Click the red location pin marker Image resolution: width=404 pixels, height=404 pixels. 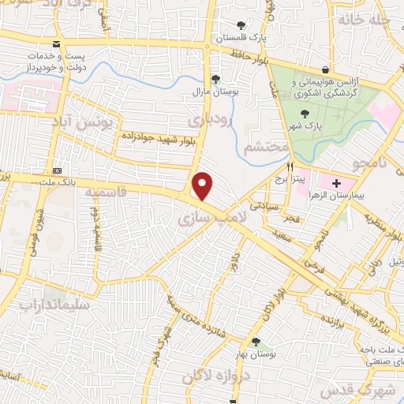tap(204, 186)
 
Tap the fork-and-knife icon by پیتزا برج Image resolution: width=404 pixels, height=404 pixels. tap(290, 167)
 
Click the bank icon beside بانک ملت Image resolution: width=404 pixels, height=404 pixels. tap(57, 170)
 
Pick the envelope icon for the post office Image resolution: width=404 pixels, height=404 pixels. tap(54, 44)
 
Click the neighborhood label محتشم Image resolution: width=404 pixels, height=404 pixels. tap(264, 148)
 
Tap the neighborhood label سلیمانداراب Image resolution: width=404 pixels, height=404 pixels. tap(47, 303)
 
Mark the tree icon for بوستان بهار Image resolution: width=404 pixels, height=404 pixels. tap(256, 342)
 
